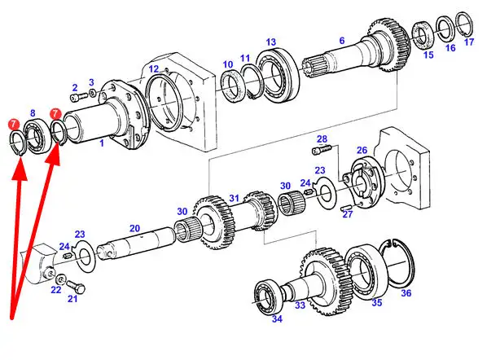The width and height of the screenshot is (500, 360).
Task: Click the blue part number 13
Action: tap(270, 42)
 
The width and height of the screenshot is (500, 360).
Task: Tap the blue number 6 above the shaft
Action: tap(342, 41)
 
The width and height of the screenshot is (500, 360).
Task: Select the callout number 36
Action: tap(406, 292)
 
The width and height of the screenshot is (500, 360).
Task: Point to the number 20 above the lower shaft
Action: tap(134, 228)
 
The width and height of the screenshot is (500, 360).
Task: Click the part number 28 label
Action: tap(322, 139)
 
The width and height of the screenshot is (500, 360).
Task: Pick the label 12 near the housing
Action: tap(153, 69)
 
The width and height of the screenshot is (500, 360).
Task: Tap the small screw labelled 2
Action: tap(78, 95)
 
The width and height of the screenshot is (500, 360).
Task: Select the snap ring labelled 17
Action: tap(464, 23)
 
